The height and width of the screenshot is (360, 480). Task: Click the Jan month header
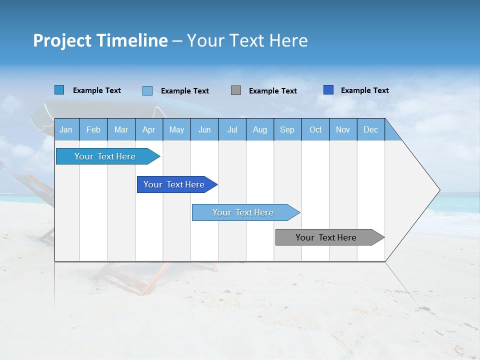click(x=66, y=129)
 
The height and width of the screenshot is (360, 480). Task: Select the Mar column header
click(x=121, y=129)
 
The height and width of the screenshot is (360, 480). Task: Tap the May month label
click(x=176, y=129)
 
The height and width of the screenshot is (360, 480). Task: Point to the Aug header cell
click(x=259, y=129)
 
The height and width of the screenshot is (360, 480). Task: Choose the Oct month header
click(x=315, y=129)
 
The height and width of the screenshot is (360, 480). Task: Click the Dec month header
click(x=370, y=129)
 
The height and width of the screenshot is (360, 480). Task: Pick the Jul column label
click(x=232, y=129)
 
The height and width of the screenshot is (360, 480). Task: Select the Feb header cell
click(x=93, y=129)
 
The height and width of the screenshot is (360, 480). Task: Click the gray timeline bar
click(x=326, y=237)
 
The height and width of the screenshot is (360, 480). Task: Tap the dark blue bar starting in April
click(x=174, y=184)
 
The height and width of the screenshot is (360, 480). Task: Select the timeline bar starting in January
click(x=105, y=156)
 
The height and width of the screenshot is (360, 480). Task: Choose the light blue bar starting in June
click(x=243, y=212)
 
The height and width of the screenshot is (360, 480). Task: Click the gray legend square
click(x=236, y=90)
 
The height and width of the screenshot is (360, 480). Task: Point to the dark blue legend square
click(x=328, y=89)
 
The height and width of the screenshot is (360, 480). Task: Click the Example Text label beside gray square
click(x=273, y=90)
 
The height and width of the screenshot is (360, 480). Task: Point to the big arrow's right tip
click(x=438, y=190)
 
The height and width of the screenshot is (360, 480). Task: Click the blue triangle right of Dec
click(x=392, y=133)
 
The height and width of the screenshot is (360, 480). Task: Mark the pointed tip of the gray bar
click(x=383, y=237)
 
